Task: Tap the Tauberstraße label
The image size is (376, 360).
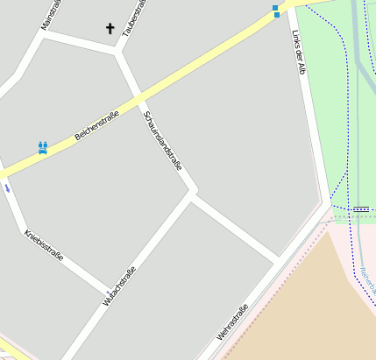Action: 132,17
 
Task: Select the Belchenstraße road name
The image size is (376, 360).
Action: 97,130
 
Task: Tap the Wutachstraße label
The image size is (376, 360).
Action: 119,285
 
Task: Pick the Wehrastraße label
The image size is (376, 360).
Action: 233,321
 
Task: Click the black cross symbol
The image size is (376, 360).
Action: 110,28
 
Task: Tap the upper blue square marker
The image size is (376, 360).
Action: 276,6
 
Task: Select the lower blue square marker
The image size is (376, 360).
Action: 276,14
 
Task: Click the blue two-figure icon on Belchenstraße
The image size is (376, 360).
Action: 42,147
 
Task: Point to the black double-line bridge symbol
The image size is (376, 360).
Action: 360,208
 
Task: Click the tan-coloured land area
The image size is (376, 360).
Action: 307,298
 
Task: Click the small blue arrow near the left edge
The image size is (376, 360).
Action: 7,187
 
